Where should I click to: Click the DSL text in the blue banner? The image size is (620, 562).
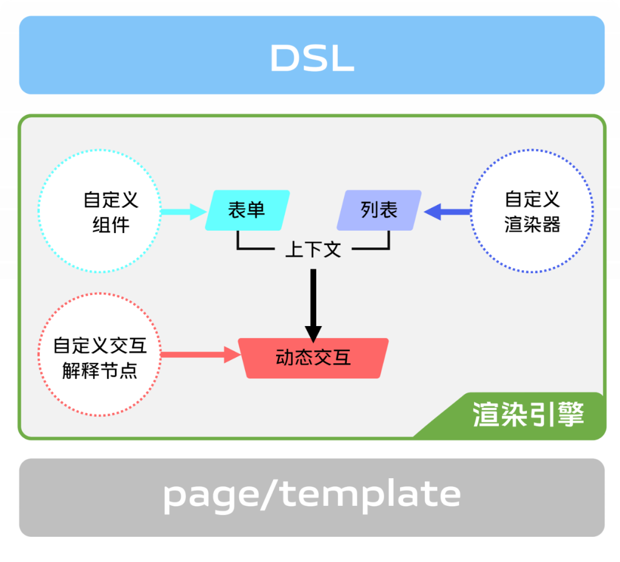[x=312, y=57]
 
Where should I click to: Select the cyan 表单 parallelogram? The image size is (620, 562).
[x=247, y=210]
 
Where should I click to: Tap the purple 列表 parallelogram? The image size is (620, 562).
[x=379, y=210]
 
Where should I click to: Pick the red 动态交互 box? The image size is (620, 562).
[x=313, y=358]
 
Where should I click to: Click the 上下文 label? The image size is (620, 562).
[x=313, y=250]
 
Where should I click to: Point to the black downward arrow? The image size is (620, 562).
[x=313, y=304]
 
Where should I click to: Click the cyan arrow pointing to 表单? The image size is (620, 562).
[x=183, y=212]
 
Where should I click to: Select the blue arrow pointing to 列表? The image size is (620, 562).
[x=448, y=212]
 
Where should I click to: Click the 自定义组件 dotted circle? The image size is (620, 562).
[x=99, y=212]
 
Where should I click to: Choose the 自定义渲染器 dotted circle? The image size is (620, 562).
[x=532, y=212]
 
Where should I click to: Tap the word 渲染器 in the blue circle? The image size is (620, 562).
[x=532, y=224]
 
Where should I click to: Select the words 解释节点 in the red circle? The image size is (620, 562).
[x=100, y=371]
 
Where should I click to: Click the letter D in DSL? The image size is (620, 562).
[x=285, y=58]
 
